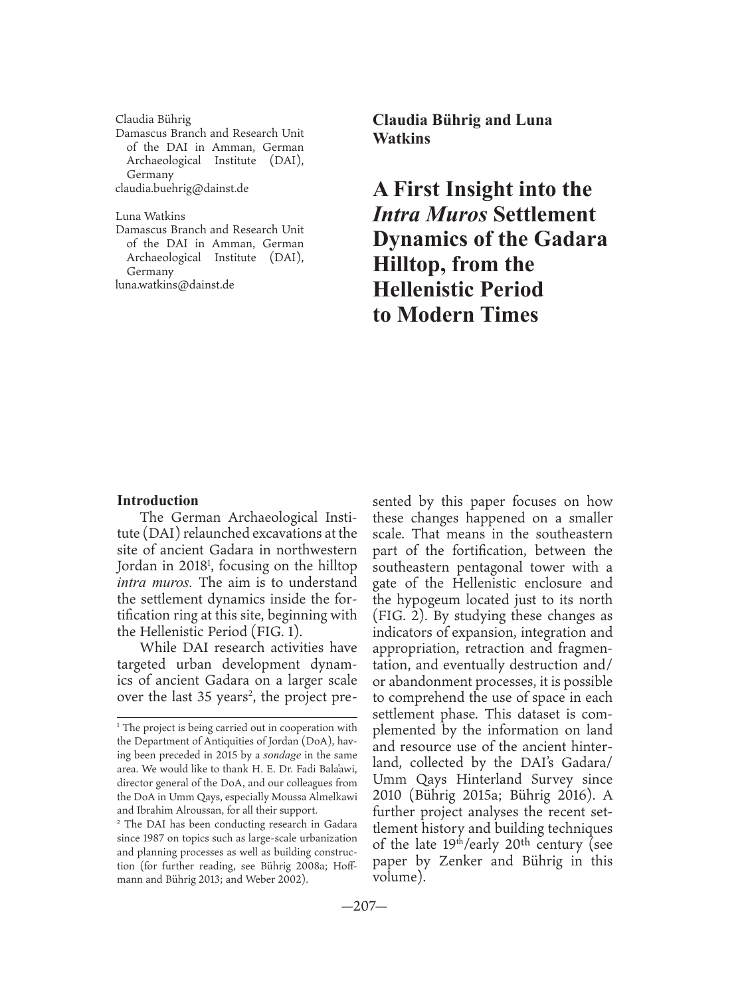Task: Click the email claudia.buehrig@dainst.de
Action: click(182, 189)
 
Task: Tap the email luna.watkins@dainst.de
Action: click(175, 285)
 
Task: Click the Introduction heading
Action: click(157, 500)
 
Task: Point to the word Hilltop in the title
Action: click(408, 265)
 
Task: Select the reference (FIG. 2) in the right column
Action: click(401, 615)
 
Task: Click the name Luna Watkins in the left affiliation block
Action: click(150, 217)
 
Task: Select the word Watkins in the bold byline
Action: click(401, 139)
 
